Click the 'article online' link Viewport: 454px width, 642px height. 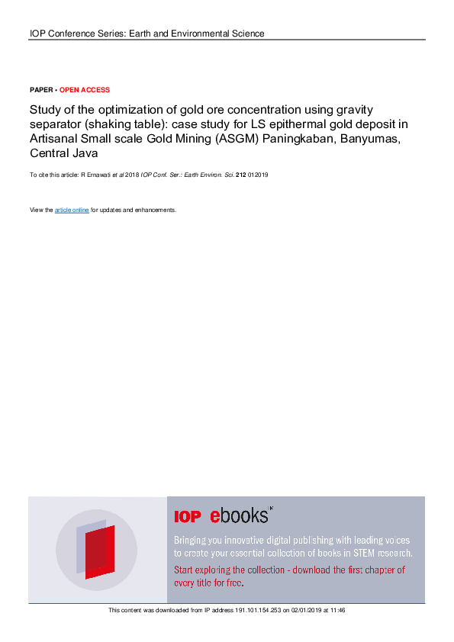click(x=72, y=210)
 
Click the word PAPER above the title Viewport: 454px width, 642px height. click(x=41, y=90)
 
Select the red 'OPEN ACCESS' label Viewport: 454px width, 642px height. click(x=85, y=90)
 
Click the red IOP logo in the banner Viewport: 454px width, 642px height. click(x=188, y=517)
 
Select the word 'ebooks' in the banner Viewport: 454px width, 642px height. click(x=240, y=516)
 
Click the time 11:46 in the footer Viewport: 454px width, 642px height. click(x=338, y=610)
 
